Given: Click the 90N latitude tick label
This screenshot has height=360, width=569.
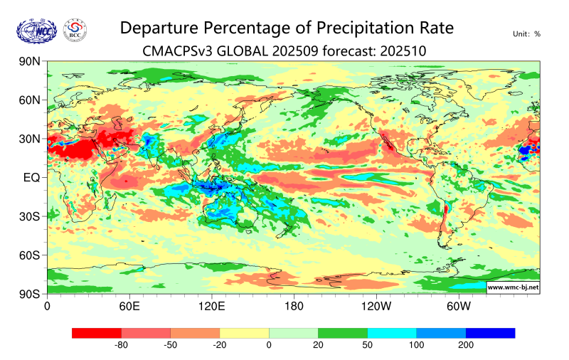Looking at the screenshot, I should click(x=28, y=62).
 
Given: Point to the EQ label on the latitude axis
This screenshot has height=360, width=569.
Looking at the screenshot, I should click(x=31, y=177).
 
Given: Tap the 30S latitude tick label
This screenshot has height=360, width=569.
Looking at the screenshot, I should click(x=29, y=216).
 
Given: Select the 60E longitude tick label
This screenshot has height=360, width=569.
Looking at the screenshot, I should click(x=129, y=307).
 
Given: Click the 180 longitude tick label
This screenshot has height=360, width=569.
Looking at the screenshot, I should click(x=293, y=307).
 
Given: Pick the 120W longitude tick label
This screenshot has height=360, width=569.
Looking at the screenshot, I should click(x=375, y=307).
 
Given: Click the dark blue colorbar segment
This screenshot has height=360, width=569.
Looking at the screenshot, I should click(x=490, y=333).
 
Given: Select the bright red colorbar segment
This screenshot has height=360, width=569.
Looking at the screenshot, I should click(x=97, y=333).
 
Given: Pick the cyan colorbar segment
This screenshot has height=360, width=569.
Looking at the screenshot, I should click(x=392, y=333).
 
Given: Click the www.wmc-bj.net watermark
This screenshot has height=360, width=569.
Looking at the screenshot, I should click(x=513, y=287).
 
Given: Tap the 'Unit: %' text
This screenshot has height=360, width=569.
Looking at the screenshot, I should click(x=527, y=34).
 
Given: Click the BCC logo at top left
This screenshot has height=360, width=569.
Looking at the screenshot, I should click(x=75, y=30).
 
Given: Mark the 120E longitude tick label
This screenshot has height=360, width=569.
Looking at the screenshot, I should click(x=211, y=307).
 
